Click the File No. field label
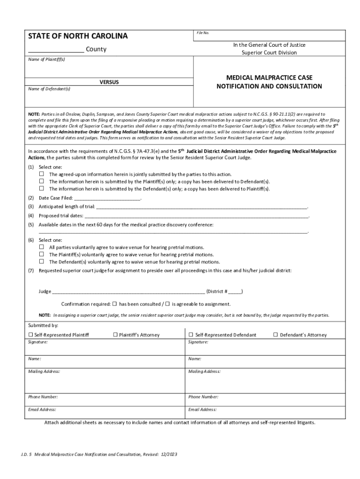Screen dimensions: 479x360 tap(202, 33)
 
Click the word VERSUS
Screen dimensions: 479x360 tap(109, 82)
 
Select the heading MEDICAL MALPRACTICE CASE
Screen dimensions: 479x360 tap(269, 77)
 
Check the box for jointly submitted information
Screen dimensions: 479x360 tap(41, 174)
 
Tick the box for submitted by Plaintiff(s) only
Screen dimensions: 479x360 tap(41, 181)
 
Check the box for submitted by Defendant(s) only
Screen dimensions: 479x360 tap(41, 189)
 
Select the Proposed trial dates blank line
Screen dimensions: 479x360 tap(196, 217)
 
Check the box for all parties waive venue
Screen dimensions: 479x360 tap(41, 247)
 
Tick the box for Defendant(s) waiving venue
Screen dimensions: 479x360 tap(41, 262)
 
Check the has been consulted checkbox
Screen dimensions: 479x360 tap(115, 304)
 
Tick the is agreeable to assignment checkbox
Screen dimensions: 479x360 tap(167, 304)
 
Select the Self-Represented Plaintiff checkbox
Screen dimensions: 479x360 tap(31, 335)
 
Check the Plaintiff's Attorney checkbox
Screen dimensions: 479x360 tap(115, 335)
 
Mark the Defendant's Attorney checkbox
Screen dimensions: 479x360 tap(275, 335)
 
